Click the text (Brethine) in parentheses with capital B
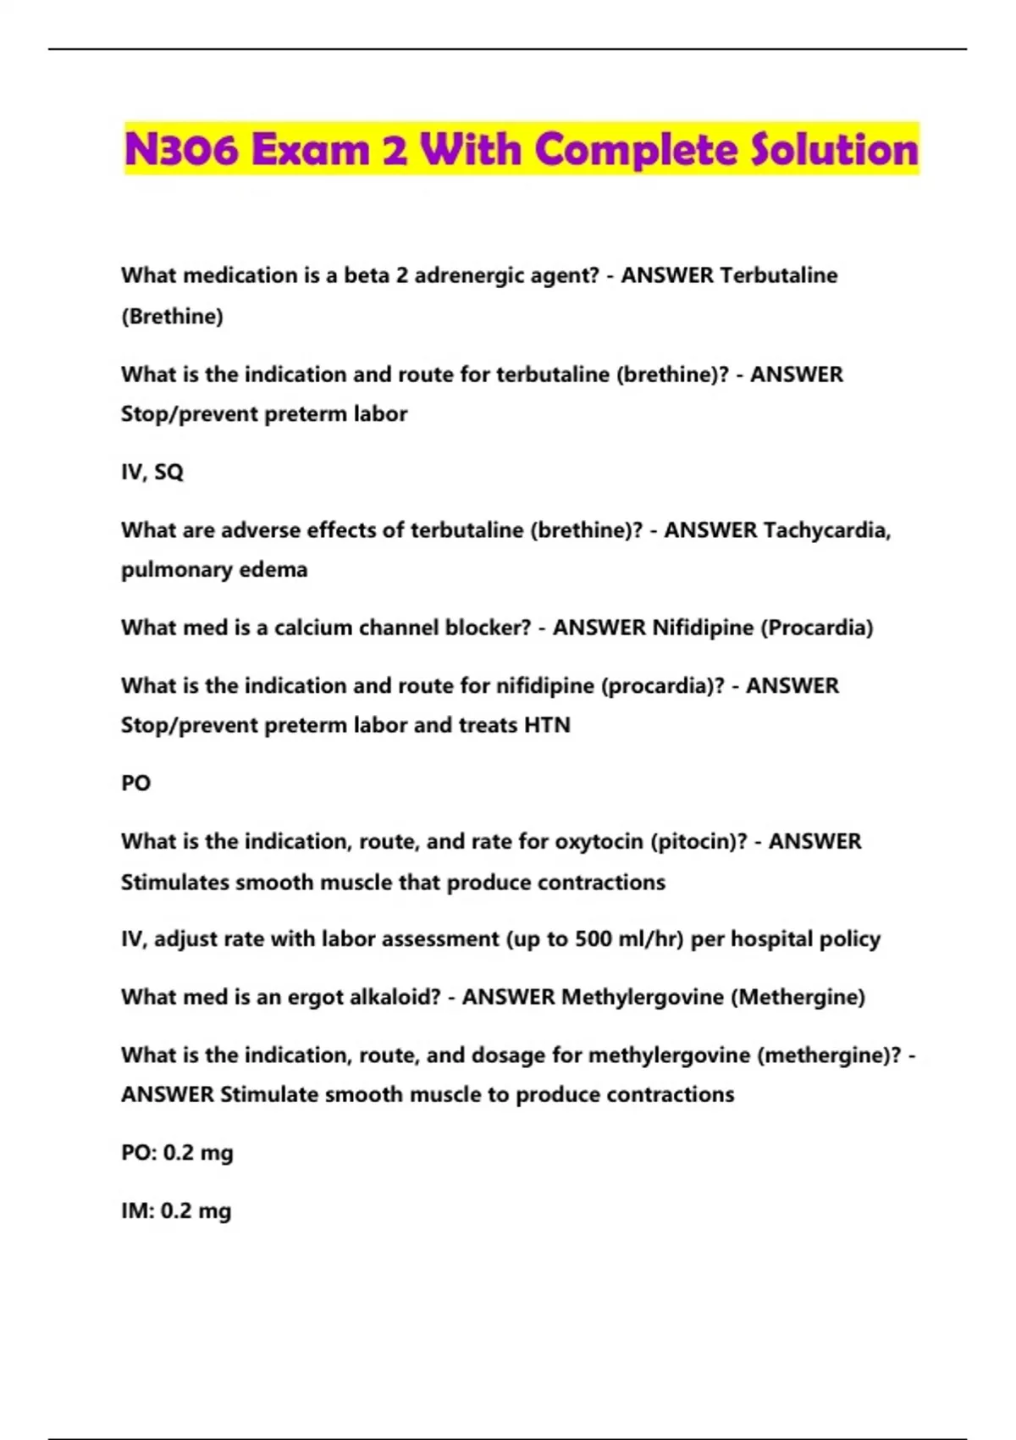172,317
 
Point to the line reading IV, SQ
152,472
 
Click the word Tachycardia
826,530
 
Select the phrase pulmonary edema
214,570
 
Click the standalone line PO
135,784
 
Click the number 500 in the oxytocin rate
593,939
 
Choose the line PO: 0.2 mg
177,1154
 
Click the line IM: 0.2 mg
176,1211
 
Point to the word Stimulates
174,883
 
